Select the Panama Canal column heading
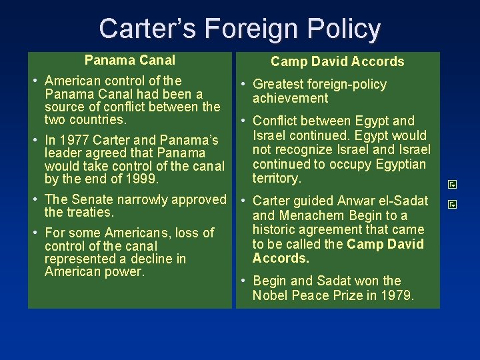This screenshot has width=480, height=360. [x=130, y=61]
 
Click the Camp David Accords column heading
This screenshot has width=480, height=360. [x=337, y=61]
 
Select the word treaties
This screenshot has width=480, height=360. [x=90, y=213]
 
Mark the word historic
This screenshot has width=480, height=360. [x=273, y=229]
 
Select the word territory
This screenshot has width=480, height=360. [x=277, y=178]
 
